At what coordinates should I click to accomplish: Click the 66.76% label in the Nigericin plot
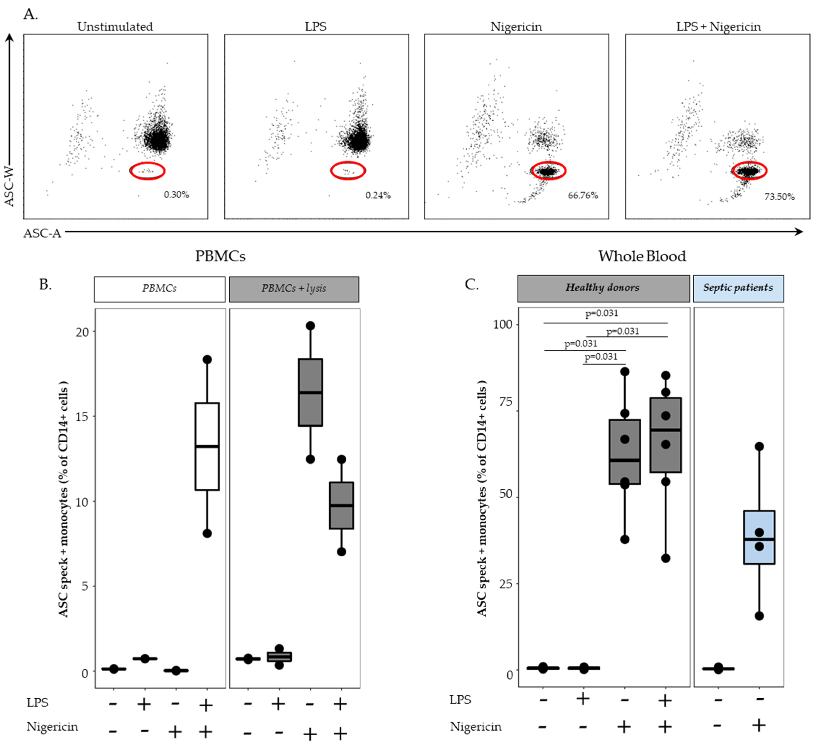583,195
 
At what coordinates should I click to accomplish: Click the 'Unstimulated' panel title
115,27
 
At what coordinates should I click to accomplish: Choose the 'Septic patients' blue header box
738,288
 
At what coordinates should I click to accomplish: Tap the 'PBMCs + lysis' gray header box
294,289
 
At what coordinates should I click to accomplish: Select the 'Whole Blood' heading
642,256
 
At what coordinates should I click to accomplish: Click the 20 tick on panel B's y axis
82,332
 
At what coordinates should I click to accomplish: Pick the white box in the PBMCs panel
207,446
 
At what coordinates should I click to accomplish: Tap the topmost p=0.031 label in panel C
601,313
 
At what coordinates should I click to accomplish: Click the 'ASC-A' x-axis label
42,233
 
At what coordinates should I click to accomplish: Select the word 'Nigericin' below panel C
476,726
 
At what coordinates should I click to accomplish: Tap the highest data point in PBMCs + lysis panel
310,325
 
